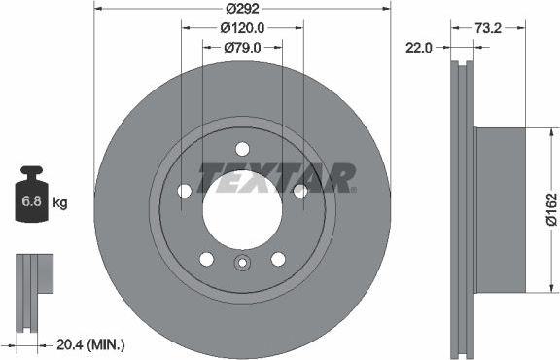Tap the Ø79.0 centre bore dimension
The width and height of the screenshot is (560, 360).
242,47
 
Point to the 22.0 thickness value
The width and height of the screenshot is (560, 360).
420,47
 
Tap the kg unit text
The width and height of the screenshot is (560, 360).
60,203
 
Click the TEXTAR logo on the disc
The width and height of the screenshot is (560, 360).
277,177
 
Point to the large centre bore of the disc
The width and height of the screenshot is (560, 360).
242,204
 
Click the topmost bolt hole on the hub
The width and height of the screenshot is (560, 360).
242,149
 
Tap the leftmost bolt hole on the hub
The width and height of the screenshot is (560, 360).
185,191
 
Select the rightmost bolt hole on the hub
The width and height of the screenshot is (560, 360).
299,191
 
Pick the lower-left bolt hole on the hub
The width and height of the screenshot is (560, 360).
206,258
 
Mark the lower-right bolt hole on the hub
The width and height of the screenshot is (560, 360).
278,258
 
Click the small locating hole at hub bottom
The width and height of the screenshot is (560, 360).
242,263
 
